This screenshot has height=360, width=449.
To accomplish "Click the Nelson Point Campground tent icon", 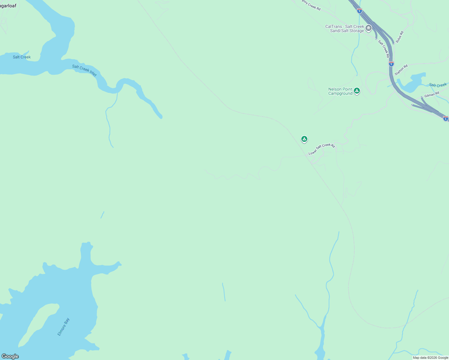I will (x=357, y=91).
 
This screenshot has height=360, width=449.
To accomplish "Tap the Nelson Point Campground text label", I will (x=340, y=91).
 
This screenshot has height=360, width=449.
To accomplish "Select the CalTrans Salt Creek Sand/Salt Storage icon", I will (x=369, y=28).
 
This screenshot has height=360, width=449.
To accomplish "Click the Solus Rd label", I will (x=399, y=37).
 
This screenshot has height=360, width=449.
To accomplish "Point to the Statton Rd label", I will (x=401, y=70).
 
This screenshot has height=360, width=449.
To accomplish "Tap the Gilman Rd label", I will (x=432, y=95).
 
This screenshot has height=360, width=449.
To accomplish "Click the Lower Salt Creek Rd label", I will (x=321, y=149).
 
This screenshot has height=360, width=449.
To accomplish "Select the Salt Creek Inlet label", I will (x=84, y=70).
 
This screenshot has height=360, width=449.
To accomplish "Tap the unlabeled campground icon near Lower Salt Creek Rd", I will (x=304, y=139).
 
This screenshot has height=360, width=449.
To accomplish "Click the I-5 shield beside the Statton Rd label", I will (x=391, y=64).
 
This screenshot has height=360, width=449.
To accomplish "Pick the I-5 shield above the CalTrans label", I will (x=360, y=11).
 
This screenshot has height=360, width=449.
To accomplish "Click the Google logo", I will (x=10, y=356).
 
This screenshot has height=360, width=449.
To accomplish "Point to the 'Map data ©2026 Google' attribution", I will (x=430, y=358).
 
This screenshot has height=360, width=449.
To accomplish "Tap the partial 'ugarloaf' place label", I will (x=8, y=6).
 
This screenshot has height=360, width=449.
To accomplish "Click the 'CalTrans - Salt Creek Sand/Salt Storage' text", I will (x=345, y=28).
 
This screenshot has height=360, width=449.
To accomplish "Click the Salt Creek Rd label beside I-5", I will (x=384, y=49).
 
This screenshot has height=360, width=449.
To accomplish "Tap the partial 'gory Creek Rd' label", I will (x=311, y=5).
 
